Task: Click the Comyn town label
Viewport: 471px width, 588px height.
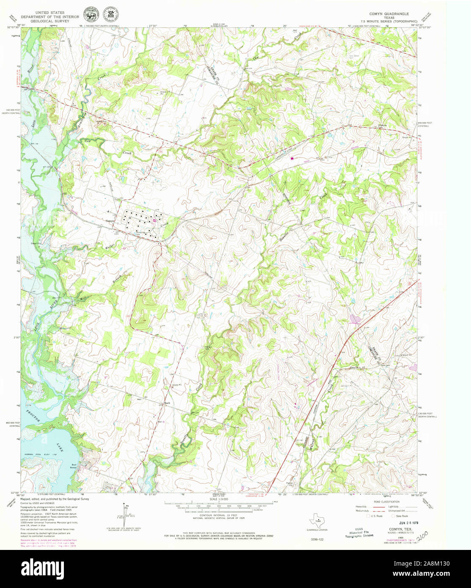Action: tap(110, 221)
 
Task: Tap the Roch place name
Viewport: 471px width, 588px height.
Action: tap(167, 403)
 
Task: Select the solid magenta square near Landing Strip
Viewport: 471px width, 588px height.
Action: tap(292, 159)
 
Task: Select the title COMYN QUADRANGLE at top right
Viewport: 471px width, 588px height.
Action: tap(388, 14)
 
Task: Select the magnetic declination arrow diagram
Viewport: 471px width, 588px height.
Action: tap(124, 513)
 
